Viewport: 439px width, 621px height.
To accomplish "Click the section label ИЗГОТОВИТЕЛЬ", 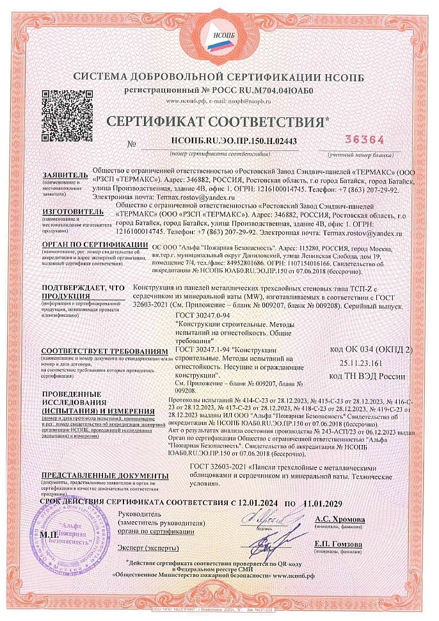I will point(65,210).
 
